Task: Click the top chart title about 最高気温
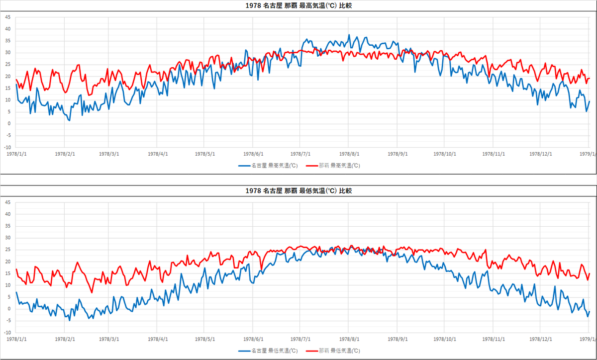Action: (x=298, y=5)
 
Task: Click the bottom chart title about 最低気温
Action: (x=298, y=190)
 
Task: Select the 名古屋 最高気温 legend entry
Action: (x=268, y=166)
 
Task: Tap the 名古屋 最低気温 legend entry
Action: (x=268, y=351)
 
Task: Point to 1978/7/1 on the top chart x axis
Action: (x=300, y=154)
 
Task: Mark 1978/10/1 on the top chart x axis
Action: (x=445, y=154)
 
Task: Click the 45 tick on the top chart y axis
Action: (x=7, y=17)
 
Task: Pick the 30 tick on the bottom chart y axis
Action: (x=7, y=238)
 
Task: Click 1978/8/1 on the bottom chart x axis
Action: (x=349, y=339)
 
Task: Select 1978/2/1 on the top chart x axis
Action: (x=65, y=154)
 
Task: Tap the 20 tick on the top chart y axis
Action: (x=7, y=76)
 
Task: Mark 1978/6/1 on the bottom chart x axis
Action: (x=253, y=339)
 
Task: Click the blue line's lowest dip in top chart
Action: (x=69, y=120)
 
